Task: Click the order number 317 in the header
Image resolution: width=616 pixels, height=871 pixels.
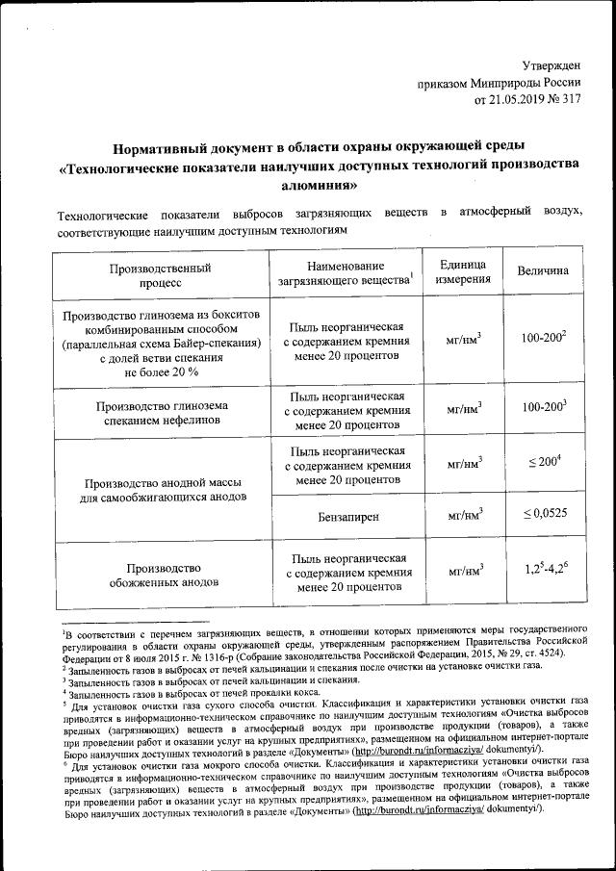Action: [x=572, y=98]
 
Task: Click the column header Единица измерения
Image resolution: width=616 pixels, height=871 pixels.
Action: [x=464, y=272]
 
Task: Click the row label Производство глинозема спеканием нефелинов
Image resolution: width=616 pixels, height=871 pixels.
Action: [x=160, y=413]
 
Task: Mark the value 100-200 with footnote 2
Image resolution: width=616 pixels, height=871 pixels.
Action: [x=543, y=340]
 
